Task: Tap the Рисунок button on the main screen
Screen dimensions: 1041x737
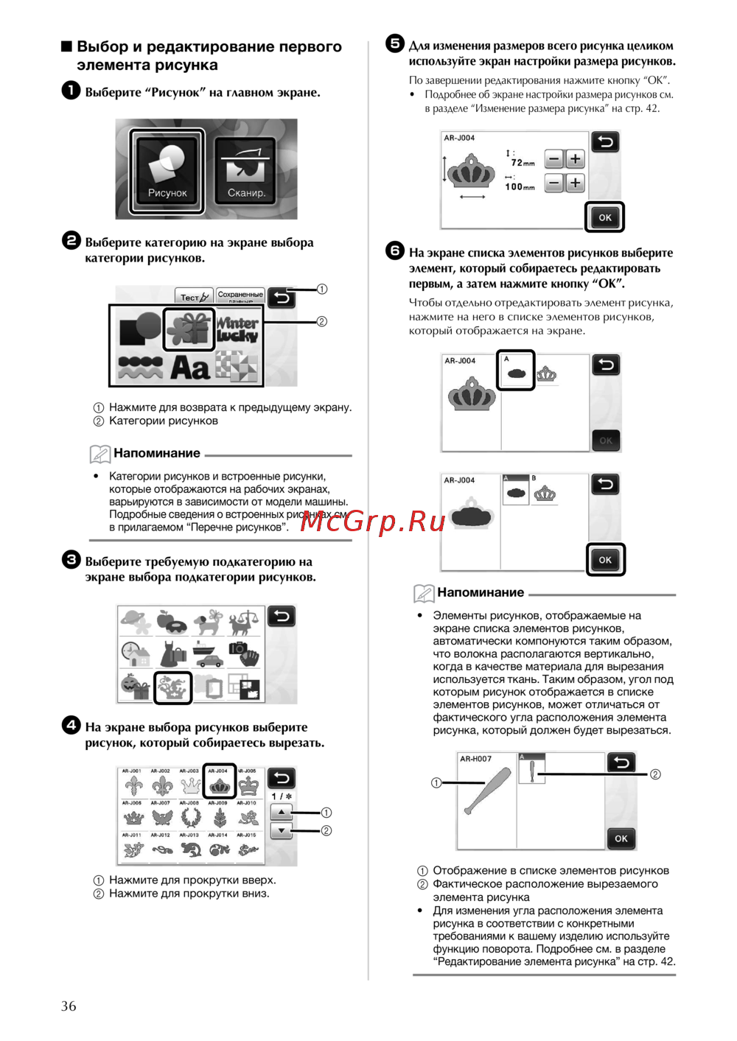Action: pyautogui.click(x=167, y=171)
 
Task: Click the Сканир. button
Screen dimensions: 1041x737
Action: pyautogui.click(x=245, y=171)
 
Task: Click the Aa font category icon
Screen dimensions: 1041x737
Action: pyautogui.click(x=190, y=367)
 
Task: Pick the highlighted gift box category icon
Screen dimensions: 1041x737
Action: pyautogui.click(x=189, y=328)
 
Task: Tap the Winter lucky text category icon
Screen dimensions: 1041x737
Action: pyautogui.click(x=237, y=329)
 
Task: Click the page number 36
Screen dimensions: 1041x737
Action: pyautogui.click(x=69, y=1006)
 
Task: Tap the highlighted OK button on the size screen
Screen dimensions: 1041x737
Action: pyautogui.click(x=605, y=217)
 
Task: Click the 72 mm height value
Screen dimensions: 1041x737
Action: pyautogui.click(x=523, y=163)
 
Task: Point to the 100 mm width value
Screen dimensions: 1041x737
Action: pyautogui.click(x=520, y=187)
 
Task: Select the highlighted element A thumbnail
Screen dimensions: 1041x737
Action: pyautogui.click(x=515, y=371)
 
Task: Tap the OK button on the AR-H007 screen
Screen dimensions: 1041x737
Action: pyautogui.click(x=621, y=838)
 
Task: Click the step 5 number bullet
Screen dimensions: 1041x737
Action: pyautogui.click(x=395, y=43)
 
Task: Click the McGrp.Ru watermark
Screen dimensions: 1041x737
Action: pyautogui.click(x=373, y=522)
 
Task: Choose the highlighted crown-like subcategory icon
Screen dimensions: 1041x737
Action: pyautogui.click(x=173, y=688)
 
